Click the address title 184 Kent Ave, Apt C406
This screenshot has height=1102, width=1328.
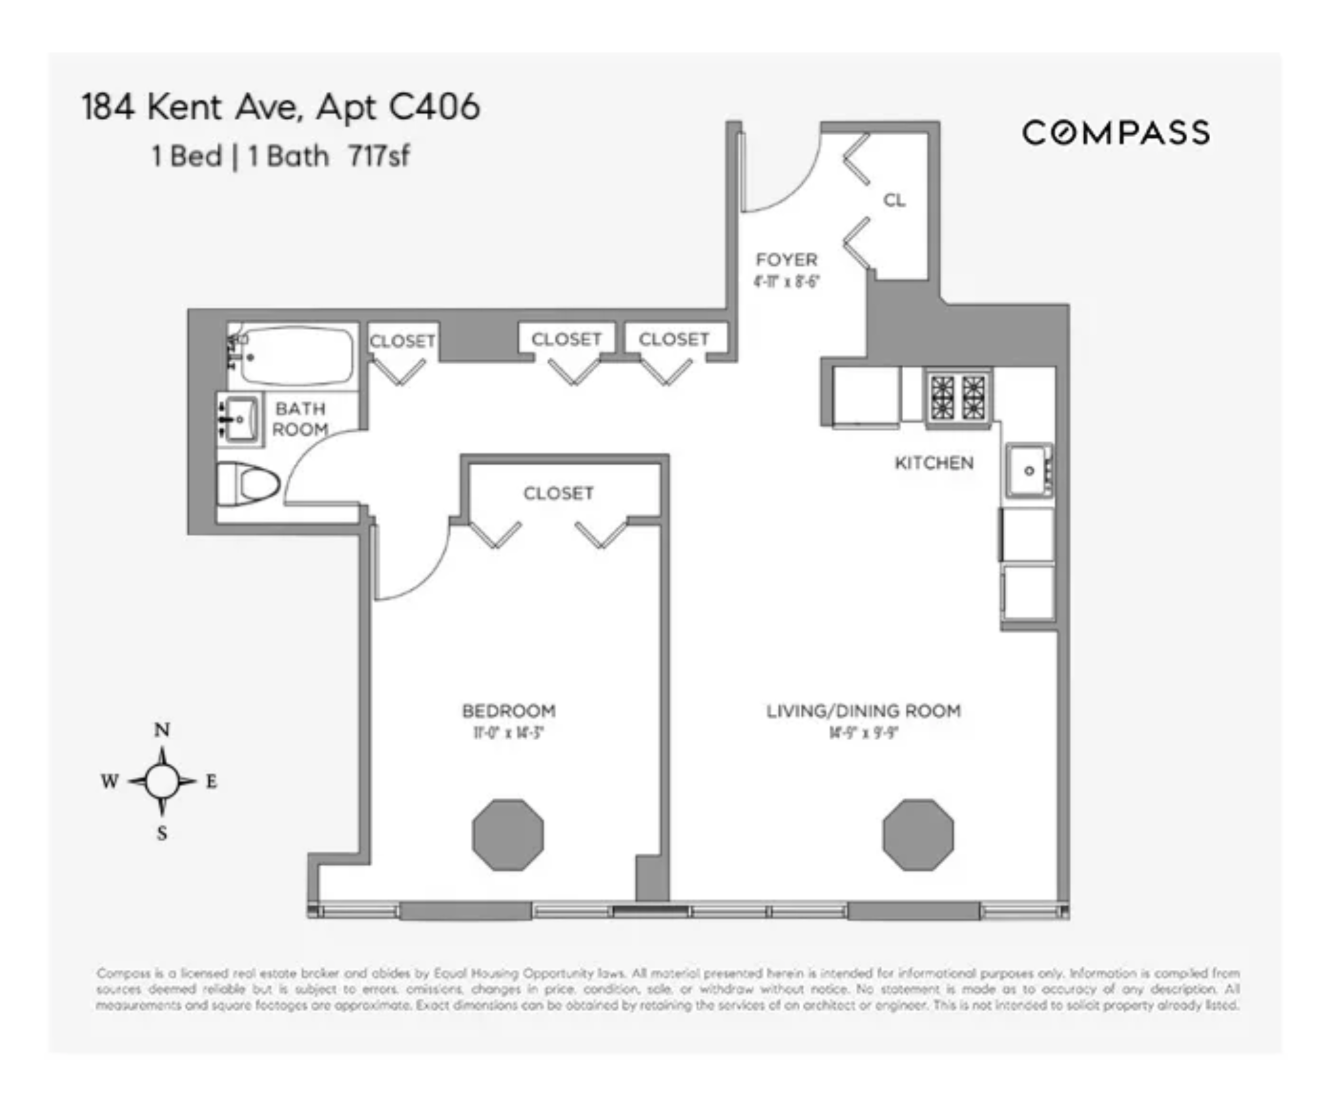pyautogui.click(x=281, y=107)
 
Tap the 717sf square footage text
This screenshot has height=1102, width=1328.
pyautogui.click(x=379, y=156)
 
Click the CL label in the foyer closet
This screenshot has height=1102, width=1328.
pyautogui.click(x=894, y=201)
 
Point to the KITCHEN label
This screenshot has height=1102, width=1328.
pyautogui.click(x=934, y=463)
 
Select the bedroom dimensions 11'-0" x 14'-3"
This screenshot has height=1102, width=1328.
pyautogui.click(x=508, y=733)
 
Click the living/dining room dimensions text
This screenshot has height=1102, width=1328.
pyautogui.click(x=863, y=733)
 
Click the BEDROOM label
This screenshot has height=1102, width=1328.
pyautogui.click(x=508, y=711)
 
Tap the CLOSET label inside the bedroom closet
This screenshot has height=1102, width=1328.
pyautogui.click(x=558, y=493)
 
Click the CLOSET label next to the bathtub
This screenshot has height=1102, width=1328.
pyautogui.click(x=403, y=342)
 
